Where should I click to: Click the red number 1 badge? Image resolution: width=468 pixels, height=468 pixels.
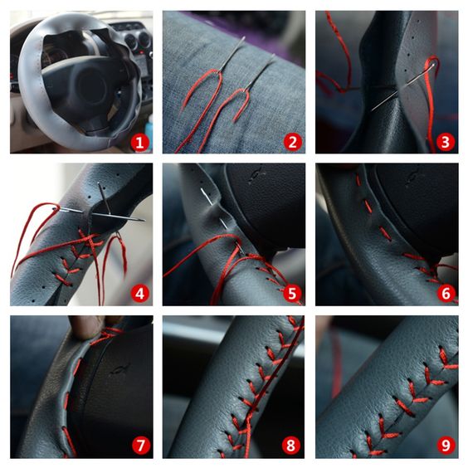[x=139, y=143]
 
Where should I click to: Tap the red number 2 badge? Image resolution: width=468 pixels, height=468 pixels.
[x=292, y=142]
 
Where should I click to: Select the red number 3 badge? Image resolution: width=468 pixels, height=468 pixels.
[x=446, y=142]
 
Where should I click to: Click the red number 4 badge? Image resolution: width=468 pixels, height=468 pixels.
[x=139, y=294]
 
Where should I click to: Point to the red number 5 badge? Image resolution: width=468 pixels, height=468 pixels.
[x=292, y=294]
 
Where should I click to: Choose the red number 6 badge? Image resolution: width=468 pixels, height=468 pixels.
[x=446, y=294]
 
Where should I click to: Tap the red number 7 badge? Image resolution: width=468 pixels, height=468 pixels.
[x=140, y=446]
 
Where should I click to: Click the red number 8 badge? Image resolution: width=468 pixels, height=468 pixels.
[x=291, y=446]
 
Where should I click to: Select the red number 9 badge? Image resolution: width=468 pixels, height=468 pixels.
[x=446, y=446]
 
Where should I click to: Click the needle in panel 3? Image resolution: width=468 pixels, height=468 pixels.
[x=402, y=87]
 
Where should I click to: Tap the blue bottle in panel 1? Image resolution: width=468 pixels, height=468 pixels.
[x=149, y=131]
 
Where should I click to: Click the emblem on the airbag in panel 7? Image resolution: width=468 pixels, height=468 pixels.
[x=120, y=369]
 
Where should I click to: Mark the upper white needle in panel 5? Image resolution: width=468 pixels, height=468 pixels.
[x=207, y=197]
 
